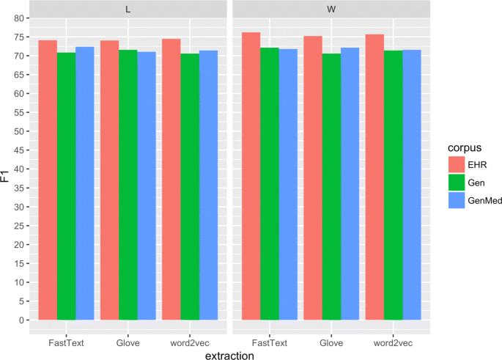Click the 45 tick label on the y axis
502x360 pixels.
pos(15,150)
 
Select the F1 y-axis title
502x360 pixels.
pos(6,176)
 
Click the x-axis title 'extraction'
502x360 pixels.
pos(229,355)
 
